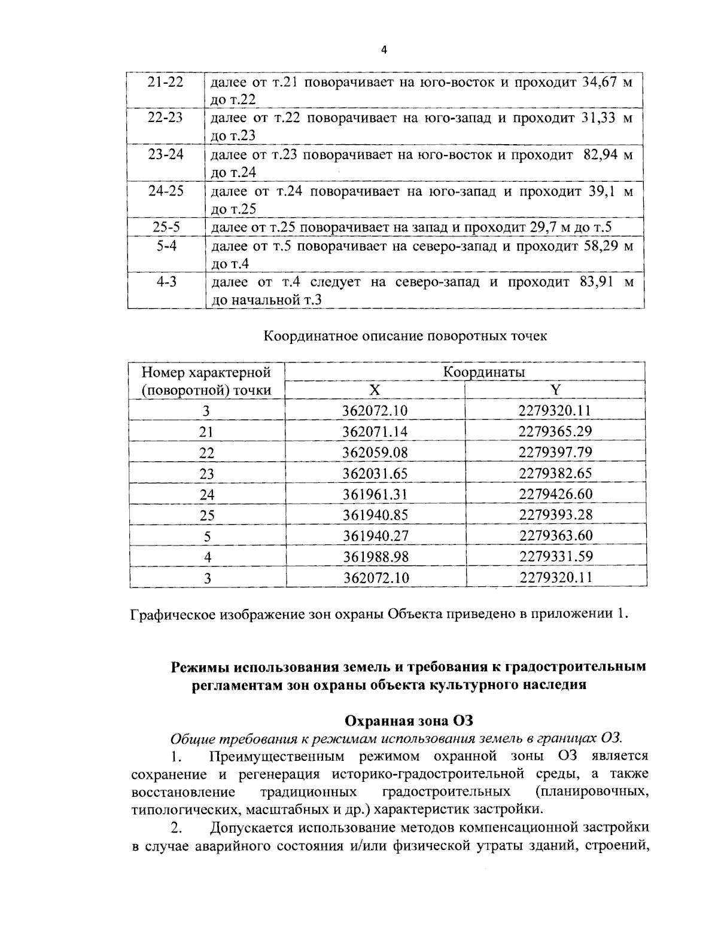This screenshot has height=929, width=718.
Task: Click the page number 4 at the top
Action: [384, 51]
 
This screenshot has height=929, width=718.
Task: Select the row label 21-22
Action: [166, 82]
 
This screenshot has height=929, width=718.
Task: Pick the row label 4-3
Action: [166, 282]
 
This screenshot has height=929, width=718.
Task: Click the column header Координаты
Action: [483, 371]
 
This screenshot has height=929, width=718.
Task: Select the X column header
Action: [375, 390]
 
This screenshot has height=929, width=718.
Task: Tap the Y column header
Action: [555, 390]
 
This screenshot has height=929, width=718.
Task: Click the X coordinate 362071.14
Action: [375, 432]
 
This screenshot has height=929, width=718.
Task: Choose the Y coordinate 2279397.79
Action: [555, 453]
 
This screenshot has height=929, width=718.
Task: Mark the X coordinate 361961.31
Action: [375, 494]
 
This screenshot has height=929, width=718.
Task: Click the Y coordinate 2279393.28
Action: [555, 514]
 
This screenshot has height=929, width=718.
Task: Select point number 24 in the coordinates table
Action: [206, 495]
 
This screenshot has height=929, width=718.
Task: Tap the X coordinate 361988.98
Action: [375, 557]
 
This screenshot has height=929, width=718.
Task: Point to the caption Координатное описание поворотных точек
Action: [406, 336]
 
